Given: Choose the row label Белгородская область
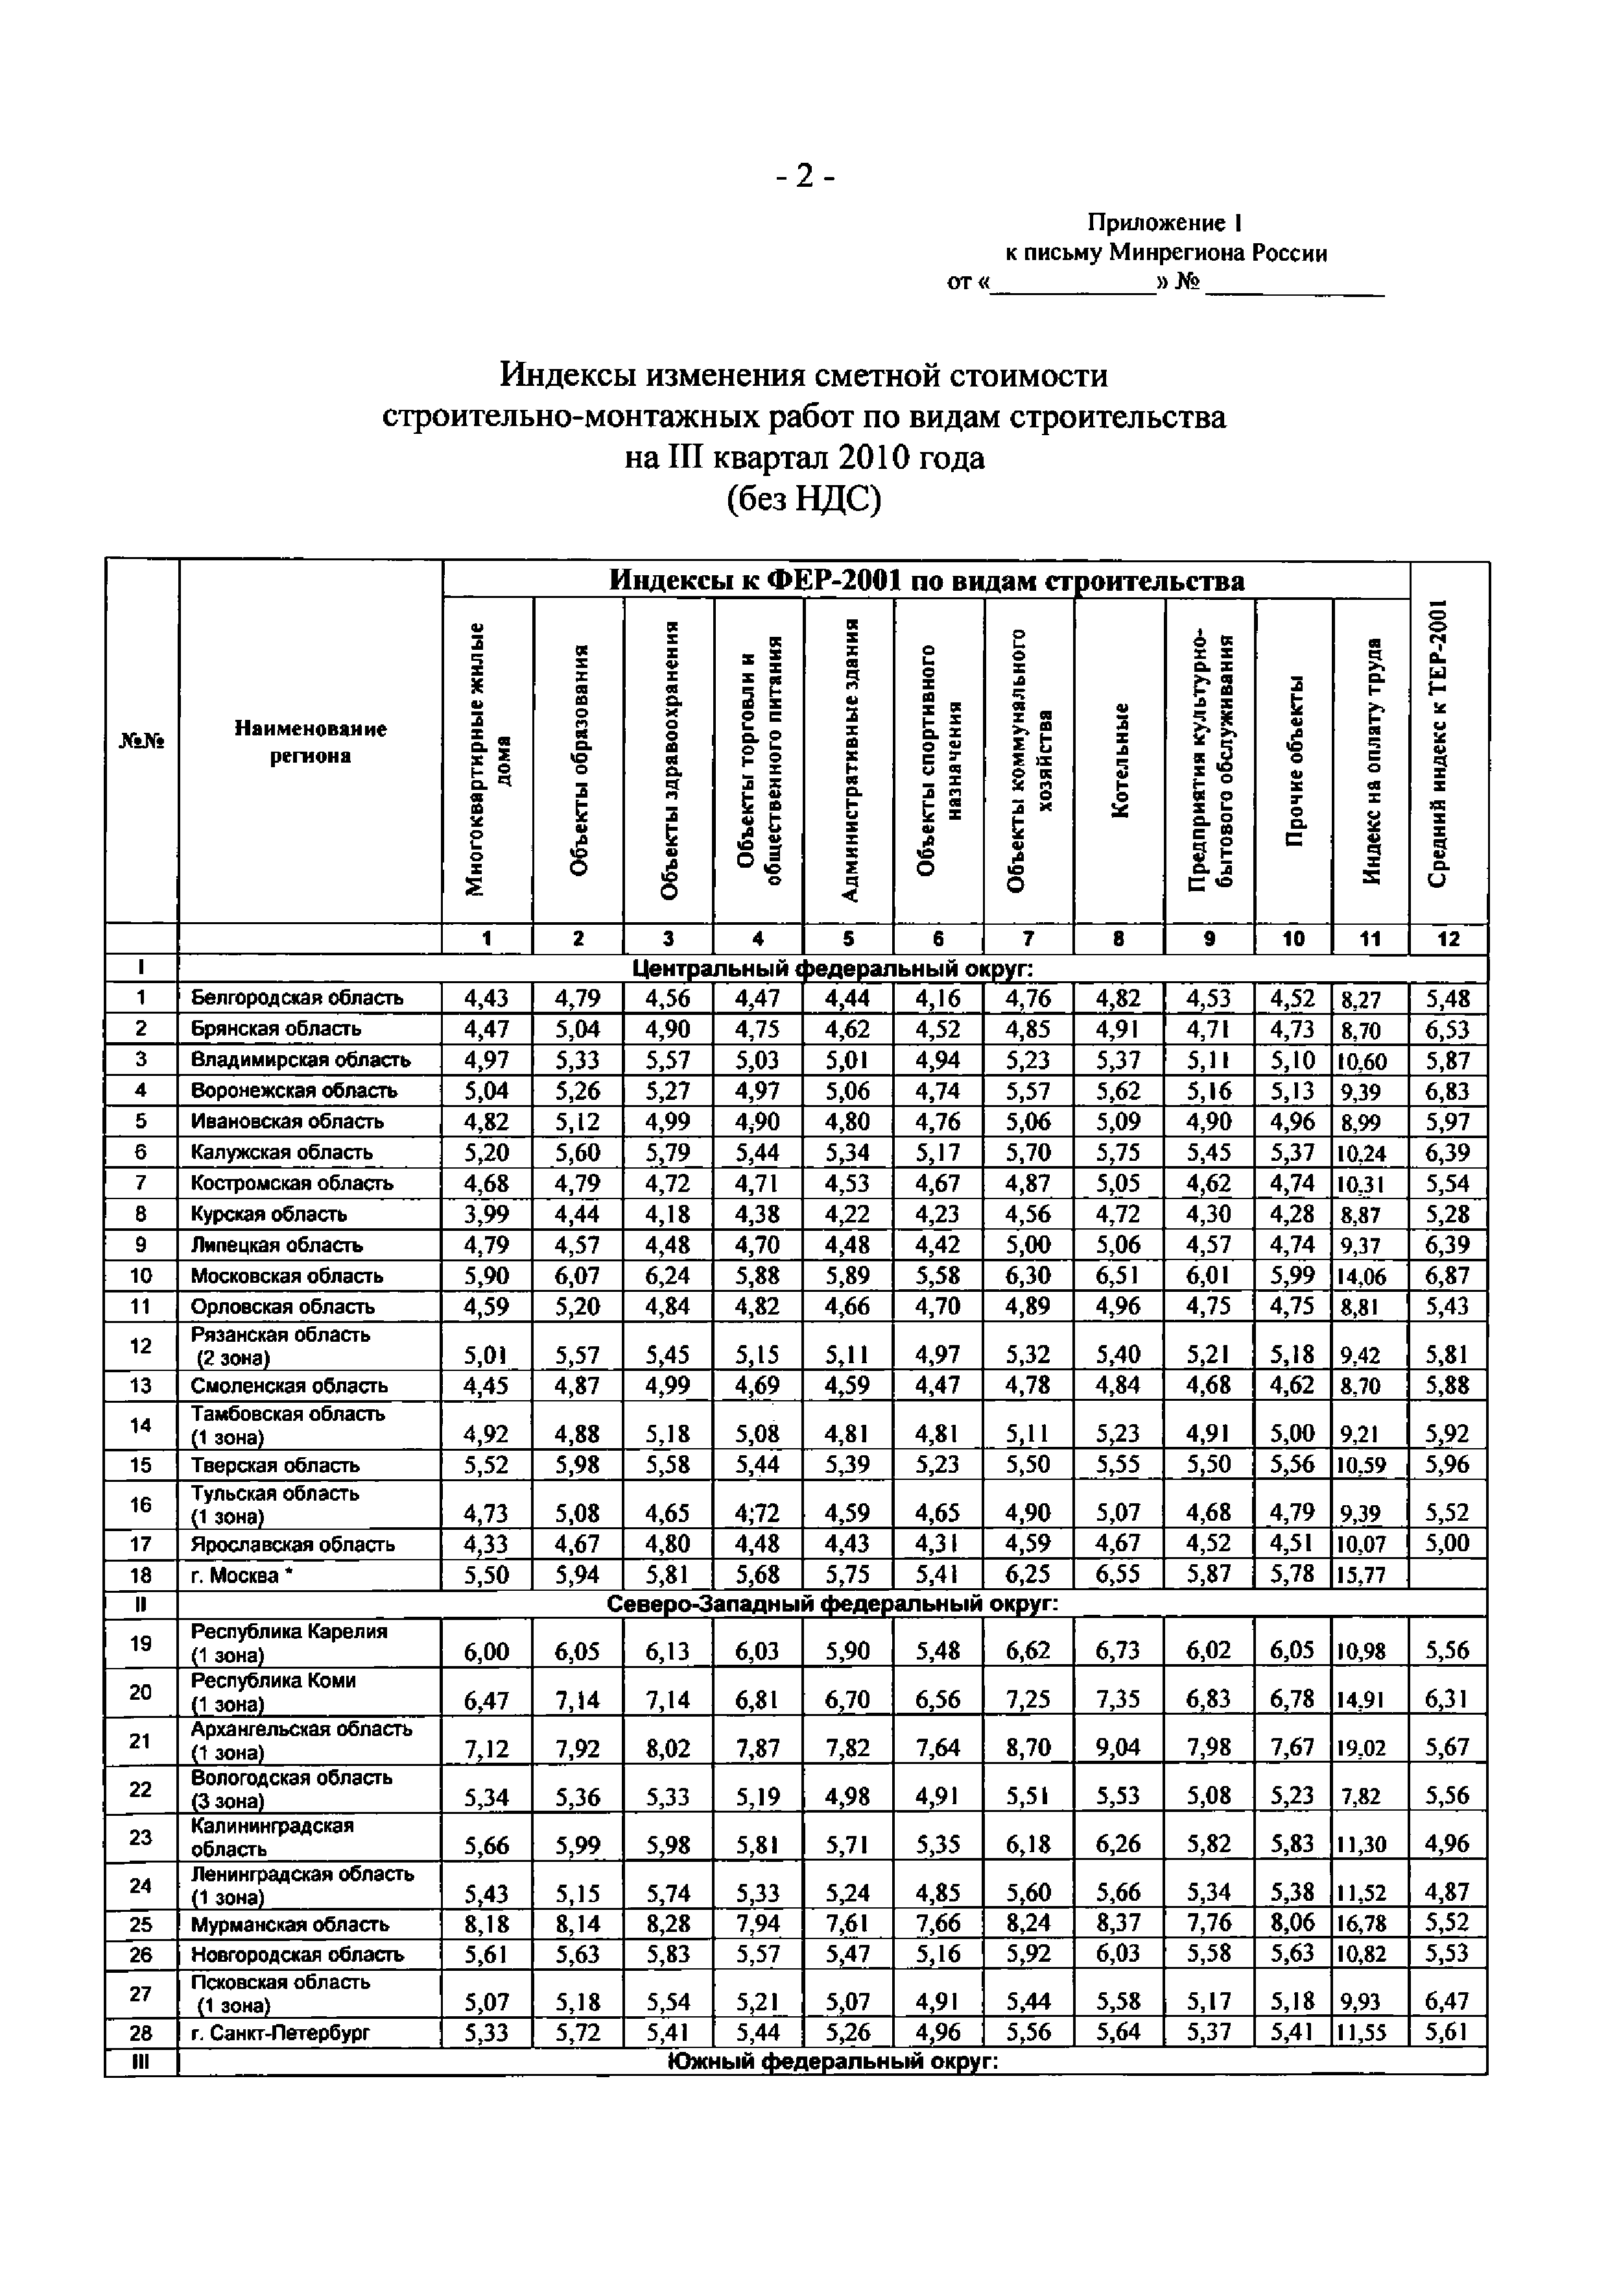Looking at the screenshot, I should [296, 998].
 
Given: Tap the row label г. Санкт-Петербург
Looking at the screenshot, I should [279, 2033].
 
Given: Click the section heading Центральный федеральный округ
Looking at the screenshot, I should [833, 968].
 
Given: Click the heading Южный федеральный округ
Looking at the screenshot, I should [833, 2062].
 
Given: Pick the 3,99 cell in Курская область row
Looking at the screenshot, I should [486, 1214].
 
